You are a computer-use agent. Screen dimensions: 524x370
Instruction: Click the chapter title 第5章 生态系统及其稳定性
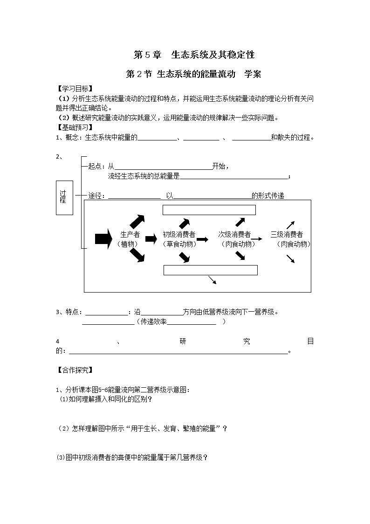[x=194, y=55]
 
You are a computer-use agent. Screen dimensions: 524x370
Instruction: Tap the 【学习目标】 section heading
[x=74, y=89]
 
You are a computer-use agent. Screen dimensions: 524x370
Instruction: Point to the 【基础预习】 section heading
[x=74, y=127]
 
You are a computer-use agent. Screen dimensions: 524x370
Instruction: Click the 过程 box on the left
[x=64, y=198]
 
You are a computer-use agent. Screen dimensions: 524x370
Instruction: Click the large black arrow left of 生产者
[x=103, y=239]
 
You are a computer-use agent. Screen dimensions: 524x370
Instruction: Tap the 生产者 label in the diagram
[x=130, y=235]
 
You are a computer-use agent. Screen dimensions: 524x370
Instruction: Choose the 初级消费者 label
[x=179, y=235]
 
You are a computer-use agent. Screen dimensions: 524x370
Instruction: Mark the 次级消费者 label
[x=235, y=235]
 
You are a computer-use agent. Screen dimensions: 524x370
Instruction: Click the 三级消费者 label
[x=287, y=235]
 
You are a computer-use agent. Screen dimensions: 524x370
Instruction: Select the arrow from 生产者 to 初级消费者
[x=151, y=239]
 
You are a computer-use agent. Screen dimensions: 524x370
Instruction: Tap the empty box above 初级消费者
[x=209, y=210]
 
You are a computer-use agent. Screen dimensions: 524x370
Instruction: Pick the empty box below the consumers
[x=210, y=270]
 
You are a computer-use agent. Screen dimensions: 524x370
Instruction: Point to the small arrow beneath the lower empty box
[x=212, y=279]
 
